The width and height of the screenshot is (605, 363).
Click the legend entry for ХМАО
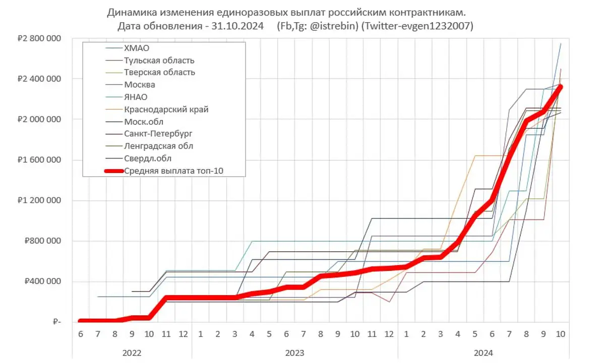(137, 48)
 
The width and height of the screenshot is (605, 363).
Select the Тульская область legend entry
(159, 60)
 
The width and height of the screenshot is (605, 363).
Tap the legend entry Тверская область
(160, 72)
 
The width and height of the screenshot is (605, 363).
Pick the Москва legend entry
(140, 85)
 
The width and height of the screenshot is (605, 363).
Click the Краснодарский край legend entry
(166, 109)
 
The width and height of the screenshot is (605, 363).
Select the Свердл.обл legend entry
(148, 159)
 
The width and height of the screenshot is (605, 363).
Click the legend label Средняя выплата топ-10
(173, 171)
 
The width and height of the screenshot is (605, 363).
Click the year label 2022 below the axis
(132, 353)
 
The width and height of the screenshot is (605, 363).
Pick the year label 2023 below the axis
(295, 353)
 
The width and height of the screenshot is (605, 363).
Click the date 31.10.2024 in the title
(239, 26)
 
